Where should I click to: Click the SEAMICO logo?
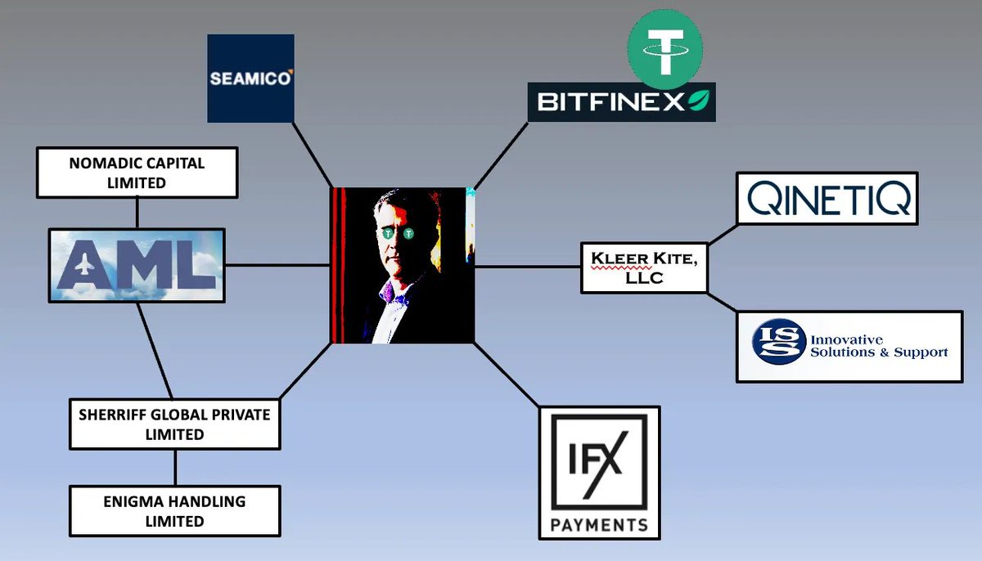pyautogui.click(x=250, y=79)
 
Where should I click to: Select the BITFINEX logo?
pyautogui.click(x=621, y=102)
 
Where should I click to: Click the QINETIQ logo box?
pyautogui.click(x=827, y=198)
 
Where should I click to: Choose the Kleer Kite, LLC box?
pyautogui.click(x=643, y=267)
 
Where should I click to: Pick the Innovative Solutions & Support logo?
pyautogui.click(x=849, y=346)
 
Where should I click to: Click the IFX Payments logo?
pyautogui.click(x=599, y=473)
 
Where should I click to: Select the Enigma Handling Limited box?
pyautogui.click(x=175, y=510)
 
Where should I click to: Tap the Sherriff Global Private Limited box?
pyautogui.click(x=174, y=424)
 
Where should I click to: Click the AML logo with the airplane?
pyautogui.click(x=137, y=266)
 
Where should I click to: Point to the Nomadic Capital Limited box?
pyautogui.click(x=137, y=173)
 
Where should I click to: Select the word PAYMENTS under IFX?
pyautogui.click(x=599, y=524)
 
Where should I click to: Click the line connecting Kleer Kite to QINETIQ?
pyautogui.click(x=722, y=232)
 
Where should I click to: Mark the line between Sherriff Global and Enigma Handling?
pyautogui.click(x=175, y=467)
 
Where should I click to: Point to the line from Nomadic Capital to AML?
pyautogui.click(x=137, y=213)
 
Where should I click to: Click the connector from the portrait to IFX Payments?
pyautogui.click(x=507, y=375)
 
